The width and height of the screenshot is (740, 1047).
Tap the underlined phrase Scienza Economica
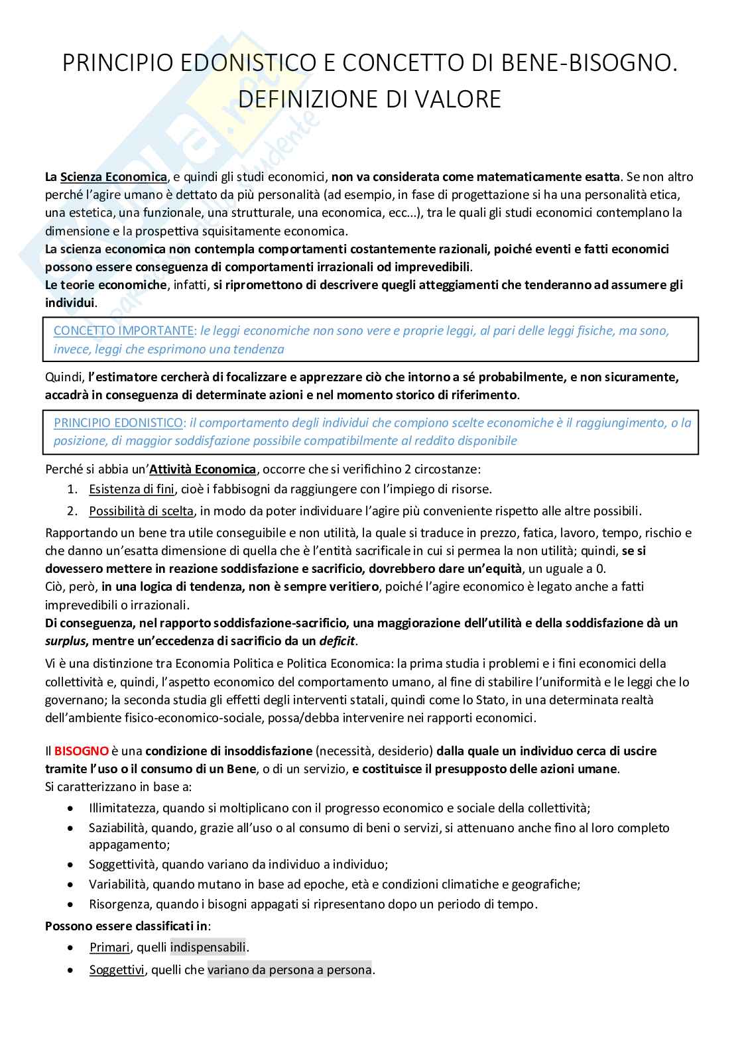(x=113, y=177)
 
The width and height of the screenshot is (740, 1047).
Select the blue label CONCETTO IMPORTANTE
(x=124, y=330)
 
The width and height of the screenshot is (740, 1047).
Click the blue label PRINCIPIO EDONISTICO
(x=118, y=422)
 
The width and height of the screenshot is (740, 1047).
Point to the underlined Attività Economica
(x=203, y=469)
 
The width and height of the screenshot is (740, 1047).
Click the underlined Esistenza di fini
(x=131, y=489)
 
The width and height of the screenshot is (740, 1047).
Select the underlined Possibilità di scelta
(x=141, y=511)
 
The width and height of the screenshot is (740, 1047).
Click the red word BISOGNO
(x=81, y=751)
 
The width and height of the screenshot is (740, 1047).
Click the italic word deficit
(x=337, y=641)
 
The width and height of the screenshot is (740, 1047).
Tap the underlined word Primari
(x=109, y=948)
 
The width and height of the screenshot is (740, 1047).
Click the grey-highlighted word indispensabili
(x=208, y=948)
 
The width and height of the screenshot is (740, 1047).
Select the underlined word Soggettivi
(x=116, y=970)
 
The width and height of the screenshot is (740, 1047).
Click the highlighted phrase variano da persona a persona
(x=289, y=970)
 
